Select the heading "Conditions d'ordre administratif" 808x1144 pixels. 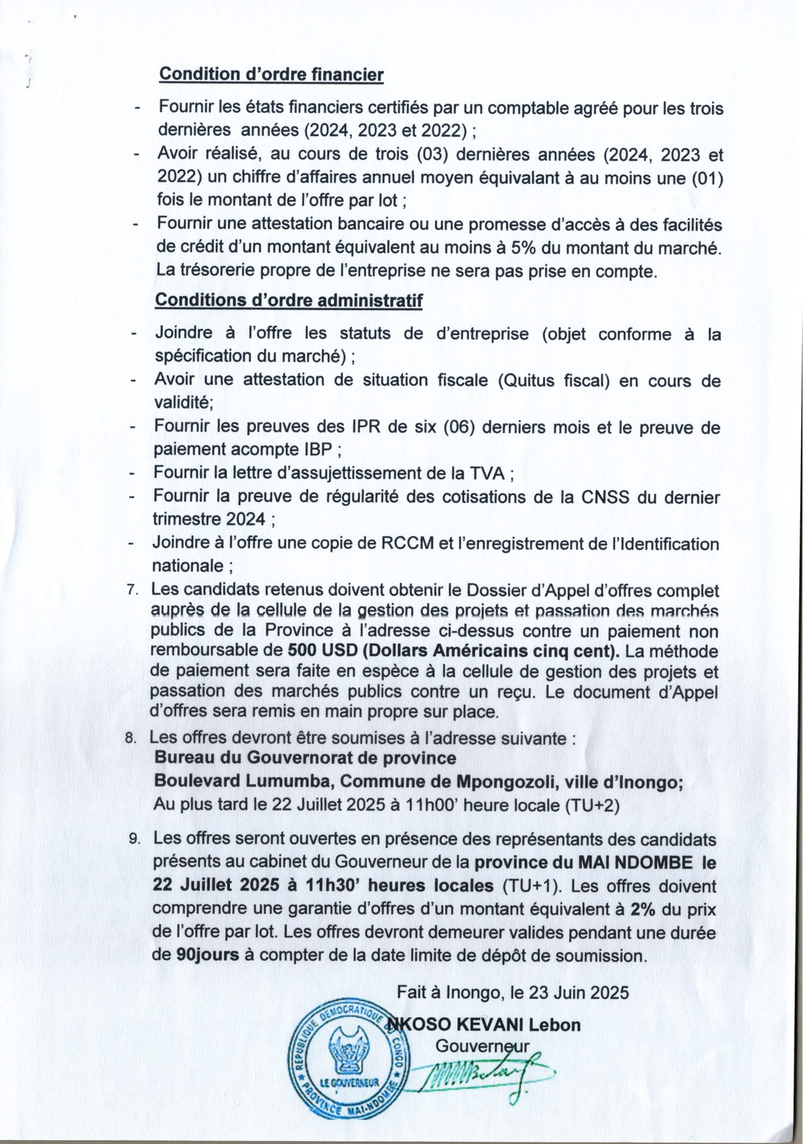[289, 300]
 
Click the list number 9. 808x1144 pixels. [134, 840]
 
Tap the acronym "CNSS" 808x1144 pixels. [598, 497]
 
